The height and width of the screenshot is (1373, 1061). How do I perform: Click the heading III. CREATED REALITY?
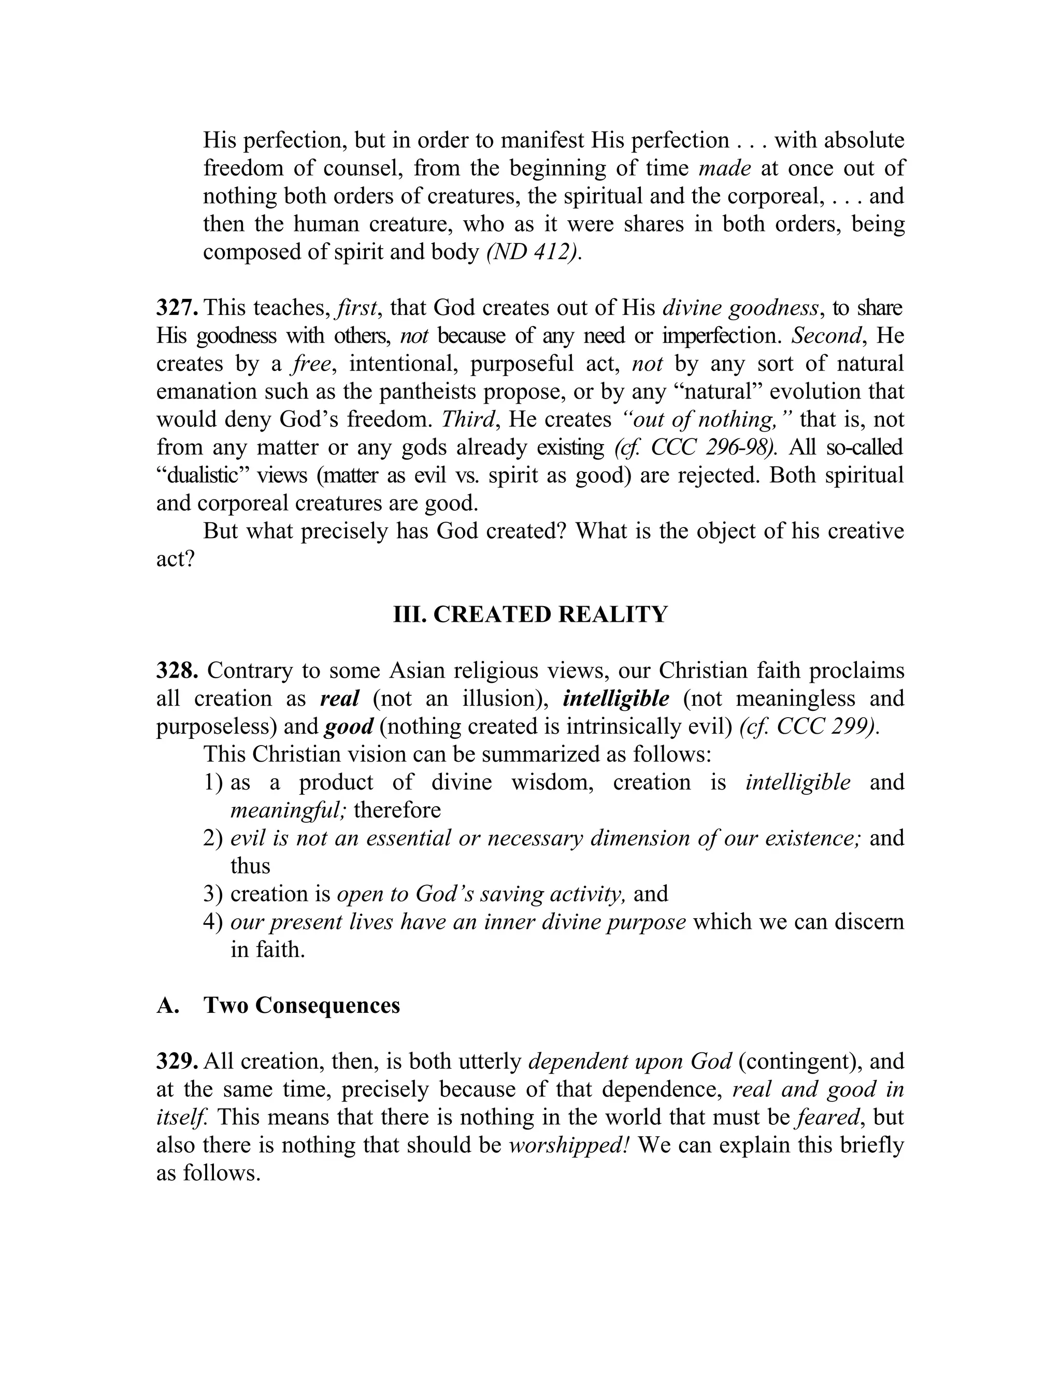tap(530, 614)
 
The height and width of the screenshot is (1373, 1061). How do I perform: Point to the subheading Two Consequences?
tap(302, 1005)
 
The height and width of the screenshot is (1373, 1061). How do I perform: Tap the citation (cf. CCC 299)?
tap(810, 727)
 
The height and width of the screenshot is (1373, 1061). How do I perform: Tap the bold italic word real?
tap(339, 698)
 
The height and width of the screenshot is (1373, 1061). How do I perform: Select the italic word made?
tap(725, 168)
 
